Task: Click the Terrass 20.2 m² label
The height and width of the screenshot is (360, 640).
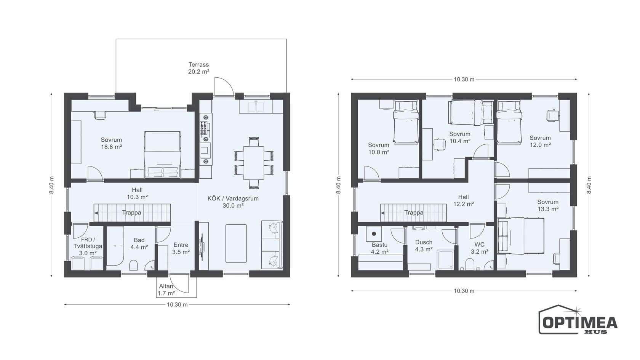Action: click(198, 68)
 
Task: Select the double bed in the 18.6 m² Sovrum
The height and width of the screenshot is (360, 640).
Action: click(162, 155)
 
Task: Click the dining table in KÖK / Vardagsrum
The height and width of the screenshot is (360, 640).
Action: click(254, 163)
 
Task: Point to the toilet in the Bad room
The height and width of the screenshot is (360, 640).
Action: click(133, 265)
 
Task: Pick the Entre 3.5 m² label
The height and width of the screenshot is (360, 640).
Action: click(181, 248)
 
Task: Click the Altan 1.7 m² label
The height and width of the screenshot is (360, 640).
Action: click(166, 290)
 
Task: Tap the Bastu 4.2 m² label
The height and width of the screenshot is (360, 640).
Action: click(379, 248)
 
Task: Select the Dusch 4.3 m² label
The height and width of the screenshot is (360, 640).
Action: click(424, 246)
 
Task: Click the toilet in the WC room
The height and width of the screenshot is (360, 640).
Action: click(470, 264)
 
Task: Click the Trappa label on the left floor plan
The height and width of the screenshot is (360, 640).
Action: click(131, 213)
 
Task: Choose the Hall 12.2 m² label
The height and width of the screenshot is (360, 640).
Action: click(463, 200)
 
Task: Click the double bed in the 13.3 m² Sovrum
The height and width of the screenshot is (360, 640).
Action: click(520, 236)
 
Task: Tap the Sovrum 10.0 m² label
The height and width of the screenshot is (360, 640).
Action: click(379, 149)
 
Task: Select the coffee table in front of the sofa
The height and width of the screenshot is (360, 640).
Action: click(236, 243)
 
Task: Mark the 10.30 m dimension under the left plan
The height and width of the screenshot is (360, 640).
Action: click(177, 305)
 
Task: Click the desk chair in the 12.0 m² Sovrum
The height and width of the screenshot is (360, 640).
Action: click(552, 115)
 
